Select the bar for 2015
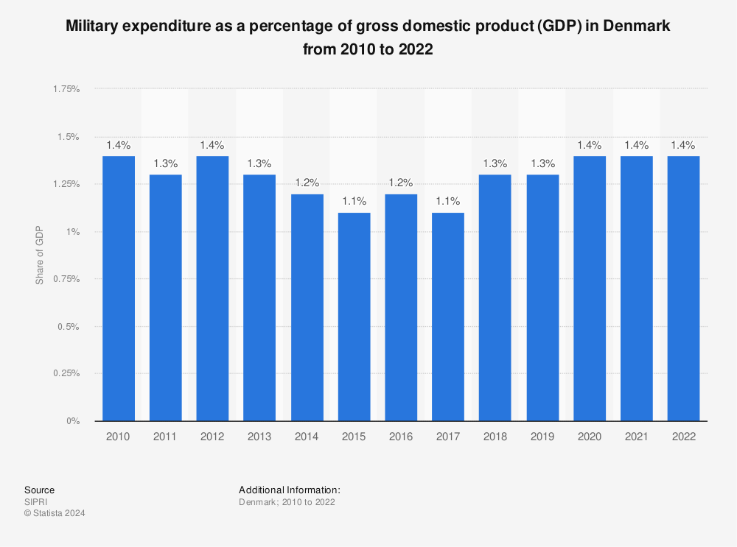354,317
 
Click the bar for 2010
118,289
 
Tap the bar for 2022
683,289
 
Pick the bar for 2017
448,317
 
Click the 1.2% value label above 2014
307,183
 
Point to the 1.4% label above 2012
212,145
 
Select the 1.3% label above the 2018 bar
495,163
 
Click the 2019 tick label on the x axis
542,437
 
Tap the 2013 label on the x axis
259,437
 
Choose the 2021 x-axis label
636,437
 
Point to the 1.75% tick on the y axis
66,89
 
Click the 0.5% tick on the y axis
69,326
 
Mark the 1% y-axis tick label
72,232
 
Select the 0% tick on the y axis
72,421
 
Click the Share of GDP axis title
39,255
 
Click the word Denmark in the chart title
644,26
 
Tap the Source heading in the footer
39,490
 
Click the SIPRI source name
35,502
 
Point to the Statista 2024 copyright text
55,514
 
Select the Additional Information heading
289,490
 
